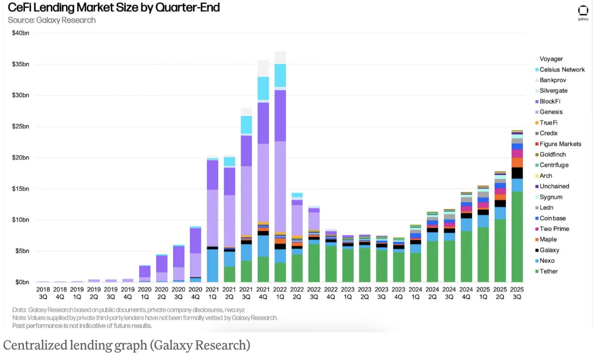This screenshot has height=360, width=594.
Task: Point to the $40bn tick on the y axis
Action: tap(20, 33)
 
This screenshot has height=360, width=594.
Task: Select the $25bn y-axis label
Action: tap(20, 127)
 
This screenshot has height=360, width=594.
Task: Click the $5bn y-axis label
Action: tap(22, 251)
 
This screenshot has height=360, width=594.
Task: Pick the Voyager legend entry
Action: tap(551, 59)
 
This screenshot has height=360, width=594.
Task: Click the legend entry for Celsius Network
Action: tap(562, 69)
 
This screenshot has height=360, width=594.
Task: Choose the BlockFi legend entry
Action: tap(550, 101)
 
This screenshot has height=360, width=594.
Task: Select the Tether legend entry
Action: tap(548, 272)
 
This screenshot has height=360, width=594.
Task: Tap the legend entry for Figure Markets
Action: tap(560, 144)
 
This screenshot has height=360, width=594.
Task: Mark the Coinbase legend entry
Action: tap(552, 218)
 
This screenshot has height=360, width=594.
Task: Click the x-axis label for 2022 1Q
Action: tap(280, 293)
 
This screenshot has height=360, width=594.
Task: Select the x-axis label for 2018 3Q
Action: tap(43, 293)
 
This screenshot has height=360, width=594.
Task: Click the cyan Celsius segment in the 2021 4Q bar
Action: tap(263, 88)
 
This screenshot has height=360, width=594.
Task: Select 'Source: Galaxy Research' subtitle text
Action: tap(51, 20)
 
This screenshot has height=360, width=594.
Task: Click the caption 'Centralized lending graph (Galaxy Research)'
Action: tap(127, 345)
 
